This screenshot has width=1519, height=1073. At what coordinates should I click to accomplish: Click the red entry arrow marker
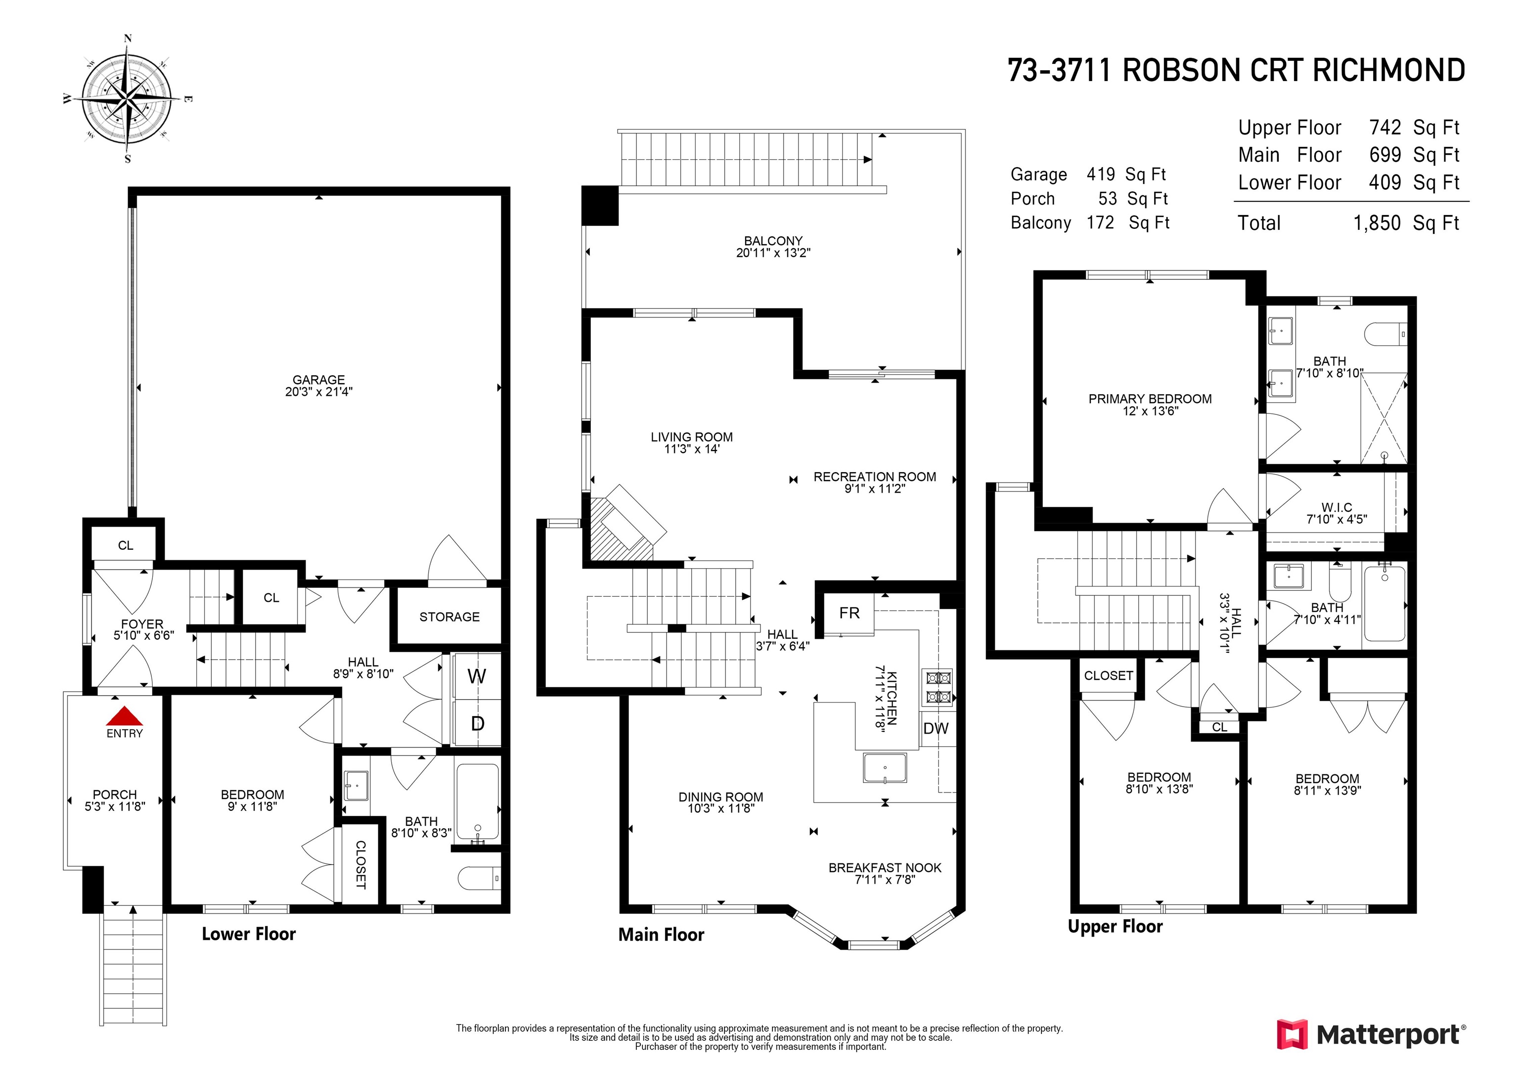point(125,716)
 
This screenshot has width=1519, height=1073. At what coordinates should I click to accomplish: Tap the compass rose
point(128,98)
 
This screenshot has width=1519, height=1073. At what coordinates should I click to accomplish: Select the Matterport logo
point(1371,1034)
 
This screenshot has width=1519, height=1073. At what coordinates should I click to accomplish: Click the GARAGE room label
point(319,380)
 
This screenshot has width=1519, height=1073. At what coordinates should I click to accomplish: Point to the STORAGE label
point(449,617)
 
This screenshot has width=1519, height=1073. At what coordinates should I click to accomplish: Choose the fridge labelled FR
point(849,613)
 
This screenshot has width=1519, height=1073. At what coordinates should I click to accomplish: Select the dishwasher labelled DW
point(936,729)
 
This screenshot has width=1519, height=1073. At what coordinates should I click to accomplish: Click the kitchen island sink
point(885,768)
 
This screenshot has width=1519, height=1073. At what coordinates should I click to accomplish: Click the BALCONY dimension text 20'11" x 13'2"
point(773,253)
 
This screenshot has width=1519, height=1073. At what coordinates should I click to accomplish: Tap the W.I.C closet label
point(1337,507)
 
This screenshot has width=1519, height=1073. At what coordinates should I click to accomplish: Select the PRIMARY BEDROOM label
point(1150,399)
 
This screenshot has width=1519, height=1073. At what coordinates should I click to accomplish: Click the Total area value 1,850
point(1377,223)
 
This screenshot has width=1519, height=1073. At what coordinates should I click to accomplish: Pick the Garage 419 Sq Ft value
point(1100,174)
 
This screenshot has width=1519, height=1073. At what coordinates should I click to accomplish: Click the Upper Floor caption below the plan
point(1116,927)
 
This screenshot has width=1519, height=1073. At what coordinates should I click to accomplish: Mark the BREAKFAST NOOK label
point(885,867)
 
